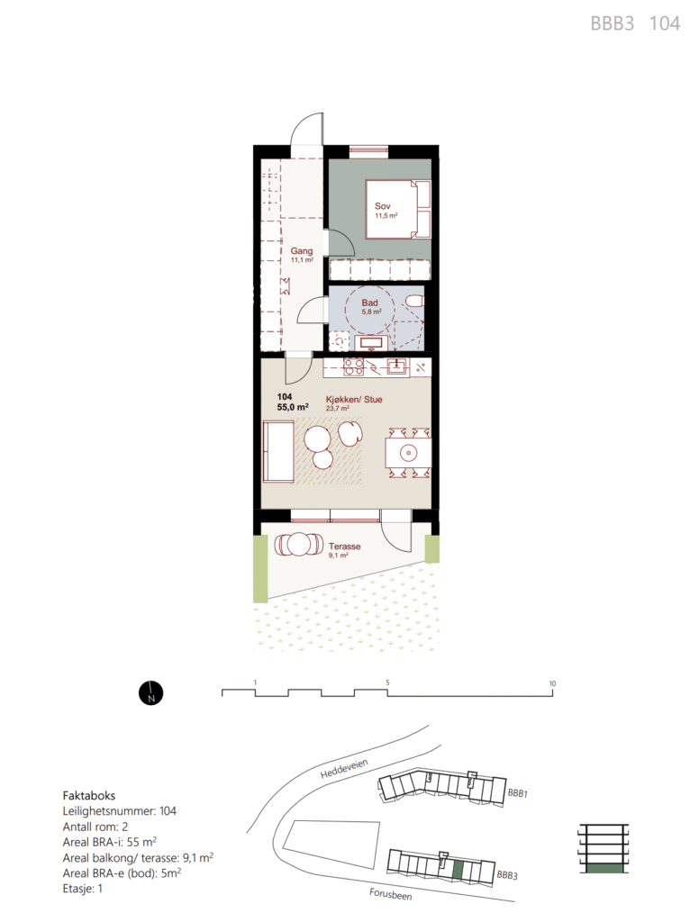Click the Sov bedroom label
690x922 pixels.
click(382, 206)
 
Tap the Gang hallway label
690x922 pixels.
click(301, 251)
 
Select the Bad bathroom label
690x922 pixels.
click(369, 303)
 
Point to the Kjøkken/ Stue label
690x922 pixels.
click(354, 399)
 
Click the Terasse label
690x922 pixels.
click(345, 547)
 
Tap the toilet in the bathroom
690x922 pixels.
click(415, 302)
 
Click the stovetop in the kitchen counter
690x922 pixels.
click(353, 367)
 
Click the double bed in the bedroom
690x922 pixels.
click(398, 209)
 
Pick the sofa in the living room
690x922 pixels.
click(277, 452)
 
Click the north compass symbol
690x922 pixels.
click(151, 693)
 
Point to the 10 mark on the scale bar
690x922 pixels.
click(552, 683)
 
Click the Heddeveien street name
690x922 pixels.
click(344, 769)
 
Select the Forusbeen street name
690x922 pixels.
click(391, 894)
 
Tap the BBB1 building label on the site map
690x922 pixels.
click(518, 793)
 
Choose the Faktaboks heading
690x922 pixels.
click(89, 796)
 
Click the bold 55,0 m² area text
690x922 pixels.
click(293, 407)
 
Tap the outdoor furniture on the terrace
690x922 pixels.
click(299, 545)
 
